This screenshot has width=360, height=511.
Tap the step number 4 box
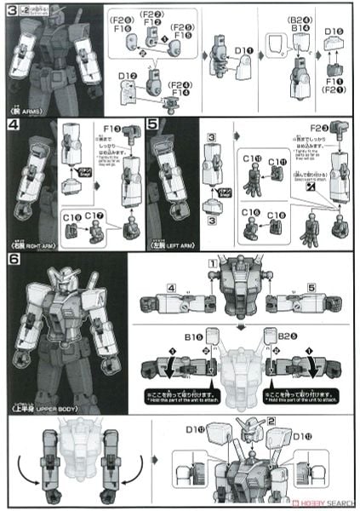(10, 124)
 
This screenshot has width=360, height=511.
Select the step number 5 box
(151, 124)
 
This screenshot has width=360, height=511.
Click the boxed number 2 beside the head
(271, 421)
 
